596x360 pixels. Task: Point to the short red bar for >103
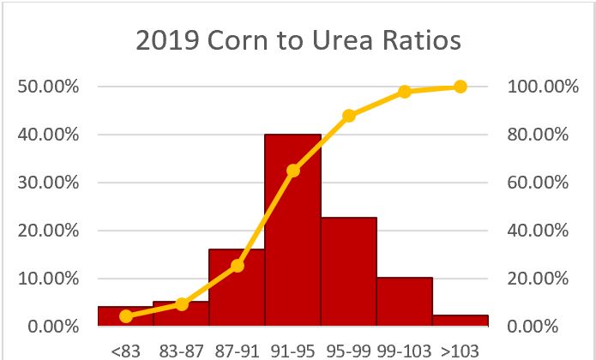pyautogui.click(x=461, y=321)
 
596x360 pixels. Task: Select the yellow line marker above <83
pyautogui.click(x=126, y=316)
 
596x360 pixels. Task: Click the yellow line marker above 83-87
pyautogui.click(x=182, y=304)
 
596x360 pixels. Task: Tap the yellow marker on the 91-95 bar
pyautogui.click(x=293, y=171)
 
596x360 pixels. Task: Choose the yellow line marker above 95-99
pyautogui.click(x=349, y=116)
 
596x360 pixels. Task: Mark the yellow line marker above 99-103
pyautogui.click(x=405, y=92)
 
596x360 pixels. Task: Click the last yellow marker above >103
pyautogui.click(x=461, y=87)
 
